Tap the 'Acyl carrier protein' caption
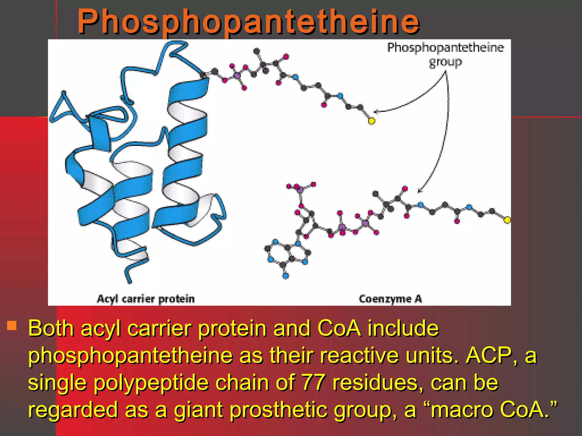point(146,299)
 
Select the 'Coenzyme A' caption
point(390,299)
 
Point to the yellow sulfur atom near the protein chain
point(371,121)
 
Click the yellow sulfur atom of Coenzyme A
point(507,220)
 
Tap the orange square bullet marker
point(12,326)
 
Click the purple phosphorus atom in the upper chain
point(237,76)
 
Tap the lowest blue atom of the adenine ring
point(286,276)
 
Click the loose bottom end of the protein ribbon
point(129,281)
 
